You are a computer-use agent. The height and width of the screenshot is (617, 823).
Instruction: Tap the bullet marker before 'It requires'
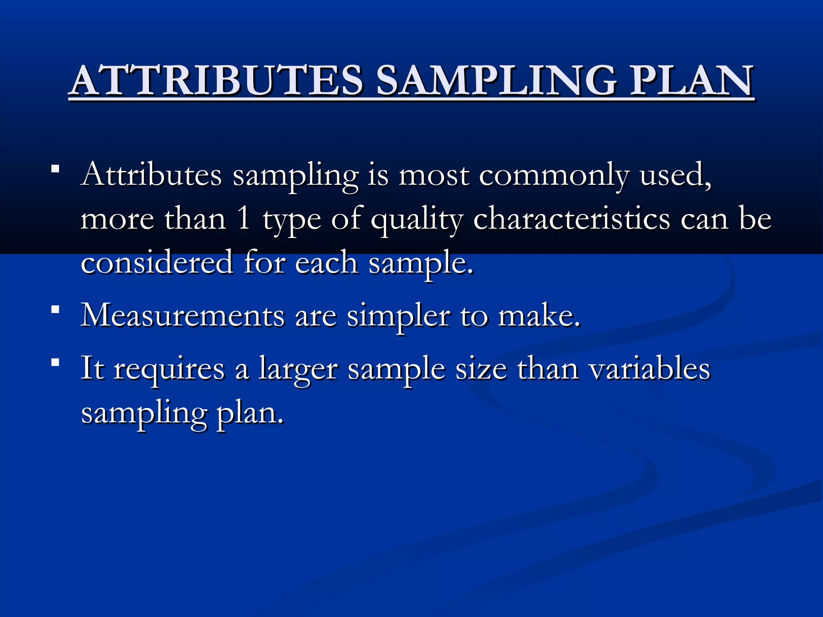pos(55,363)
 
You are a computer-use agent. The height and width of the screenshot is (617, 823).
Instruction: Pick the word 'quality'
pos(417,221)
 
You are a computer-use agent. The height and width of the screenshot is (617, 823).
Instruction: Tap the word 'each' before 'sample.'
pos(326,263)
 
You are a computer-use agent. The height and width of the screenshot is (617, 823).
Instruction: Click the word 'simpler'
pos(398,317)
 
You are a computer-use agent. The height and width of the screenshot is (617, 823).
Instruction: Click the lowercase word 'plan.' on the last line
pos(250,414)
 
